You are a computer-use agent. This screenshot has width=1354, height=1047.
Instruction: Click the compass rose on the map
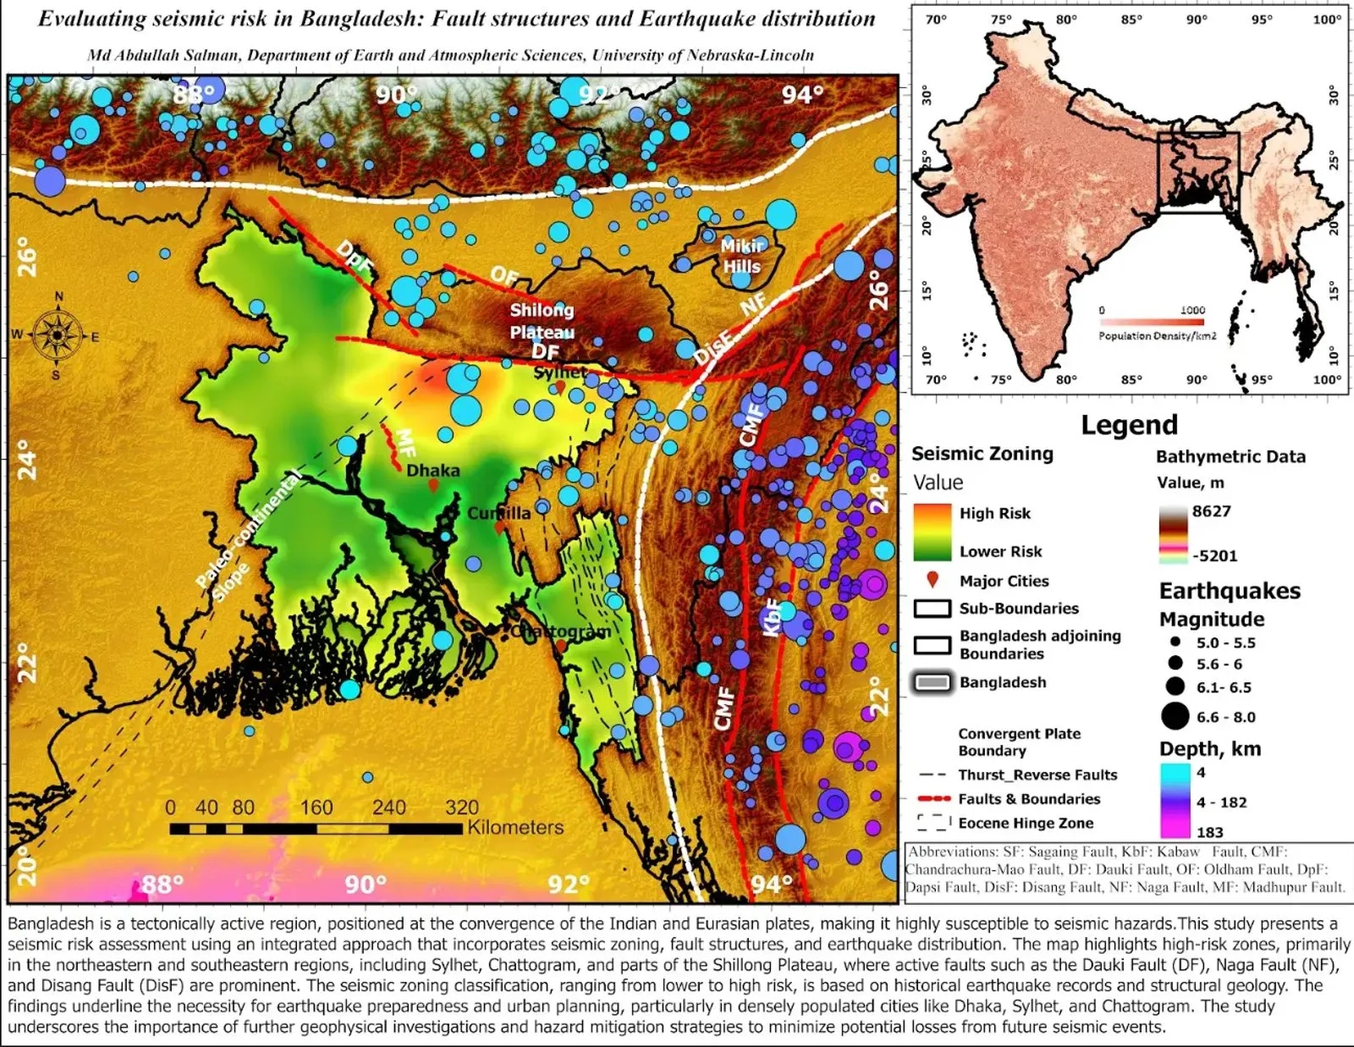click(x=58, y=335)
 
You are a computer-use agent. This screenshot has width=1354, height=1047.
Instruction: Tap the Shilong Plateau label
click(x=542, y=321)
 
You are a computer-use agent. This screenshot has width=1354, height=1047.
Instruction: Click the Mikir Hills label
click(x=741, y=256)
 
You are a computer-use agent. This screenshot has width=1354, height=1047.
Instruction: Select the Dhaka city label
click(x=433, y=471)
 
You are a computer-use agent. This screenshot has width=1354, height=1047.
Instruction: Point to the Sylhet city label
click(x=559, y=372)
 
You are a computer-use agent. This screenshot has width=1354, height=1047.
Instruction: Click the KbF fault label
click(x=773, y=617)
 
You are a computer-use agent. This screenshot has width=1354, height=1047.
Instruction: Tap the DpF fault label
click(x=355, y=257)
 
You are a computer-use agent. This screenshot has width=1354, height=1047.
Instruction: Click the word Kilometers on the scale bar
click(x=515, y=827)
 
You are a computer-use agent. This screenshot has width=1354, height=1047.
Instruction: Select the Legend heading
click(x=1129, y=425)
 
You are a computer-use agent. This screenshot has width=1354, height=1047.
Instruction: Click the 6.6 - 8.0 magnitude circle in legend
click(x=1175, y=716)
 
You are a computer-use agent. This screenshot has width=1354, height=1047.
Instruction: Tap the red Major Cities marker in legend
click(x=933, y=580)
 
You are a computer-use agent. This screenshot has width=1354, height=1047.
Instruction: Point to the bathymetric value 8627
click(x=1211, y=511)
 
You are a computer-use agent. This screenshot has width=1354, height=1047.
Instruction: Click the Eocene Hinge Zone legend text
click(x=1026, y=823)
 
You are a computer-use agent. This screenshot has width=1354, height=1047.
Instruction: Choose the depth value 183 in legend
click(x=1209, y=832)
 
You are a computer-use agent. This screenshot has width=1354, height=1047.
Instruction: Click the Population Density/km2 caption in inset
click(x=1157, y=336)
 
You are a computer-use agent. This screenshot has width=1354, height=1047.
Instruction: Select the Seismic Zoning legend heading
click(x=982, y=454)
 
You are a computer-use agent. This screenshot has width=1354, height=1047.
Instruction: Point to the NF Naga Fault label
click(x=752, y=304)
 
